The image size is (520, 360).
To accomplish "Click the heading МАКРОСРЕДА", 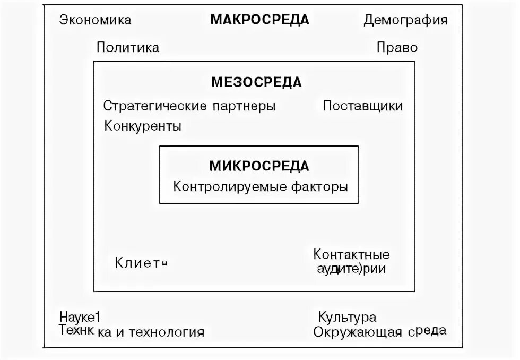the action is pos(259,20).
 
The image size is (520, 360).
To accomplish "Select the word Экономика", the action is pos(95,21).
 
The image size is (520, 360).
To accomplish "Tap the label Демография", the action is pos(405,21).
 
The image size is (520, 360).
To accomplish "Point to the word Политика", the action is pos(128,48).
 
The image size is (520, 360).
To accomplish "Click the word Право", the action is pos(397,48).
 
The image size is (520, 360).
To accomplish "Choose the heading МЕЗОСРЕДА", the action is pos(256,82).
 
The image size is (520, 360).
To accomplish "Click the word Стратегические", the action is pos(154,106).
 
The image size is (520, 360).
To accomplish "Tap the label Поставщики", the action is pos(362,106).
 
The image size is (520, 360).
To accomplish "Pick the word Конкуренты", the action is pos(143,127).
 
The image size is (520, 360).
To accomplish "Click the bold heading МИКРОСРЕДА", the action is pos(259,166).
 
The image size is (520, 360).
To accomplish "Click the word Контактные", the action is pos(351,254).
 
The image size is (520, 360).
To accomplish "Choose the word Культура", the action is pos(347,318).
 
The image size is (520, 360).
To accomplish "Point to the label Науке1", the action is pos(80,318).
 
